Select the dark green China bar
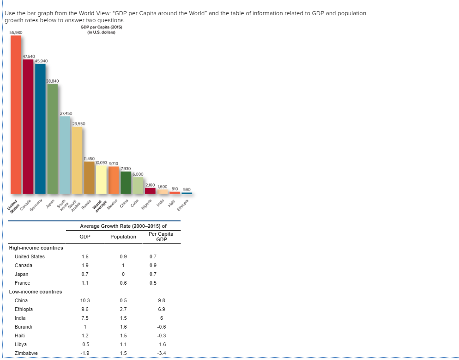pyautogui.click(x=126, y=183)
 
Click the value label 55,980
pyautogui.click(x=16, y=32)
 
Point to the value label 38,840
pyautogui.click(x=52, y=80)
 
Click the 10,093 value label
pyautogui.click(x=101, y=163)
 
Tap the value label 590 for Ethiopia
pyautogui.click(x=187, y=189)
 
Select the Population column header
pyautogui.click(x=123, y=237)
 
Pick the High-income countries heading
pyautogui.click(x=36, y=248)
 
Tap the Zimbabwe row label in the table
pyautogui.click(x=26, y=353)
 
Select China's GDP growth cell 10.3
pyautogui.click(x=85, y=300)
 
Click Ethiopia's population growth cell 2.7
pyautogui.click(x=123, y=309)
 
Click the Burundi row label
pyautogui.click(x=23, y=327)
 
